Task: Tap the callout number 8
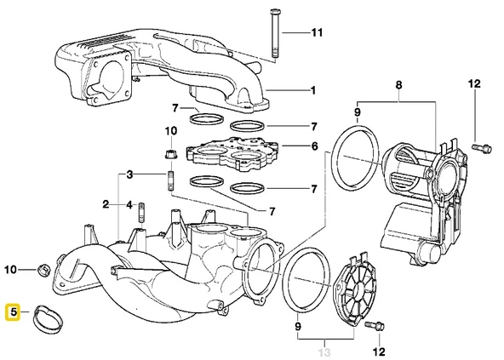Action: pos(398,86)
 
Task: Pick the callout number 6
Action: pos(315,146)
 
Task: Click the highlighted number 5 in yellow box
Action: pos(14,312)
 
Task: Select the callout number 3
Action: pos(129,174)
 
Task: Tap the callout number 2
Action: pos(106,204)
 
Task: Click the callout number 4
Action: pos(129,204)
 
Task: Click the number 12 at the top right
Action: pos(475,83)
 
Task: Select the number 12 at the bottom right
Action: pos(378,351)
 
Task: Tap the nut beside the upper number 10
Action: pos(169,155)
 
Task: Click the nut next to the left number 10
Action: pos(42,271)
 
